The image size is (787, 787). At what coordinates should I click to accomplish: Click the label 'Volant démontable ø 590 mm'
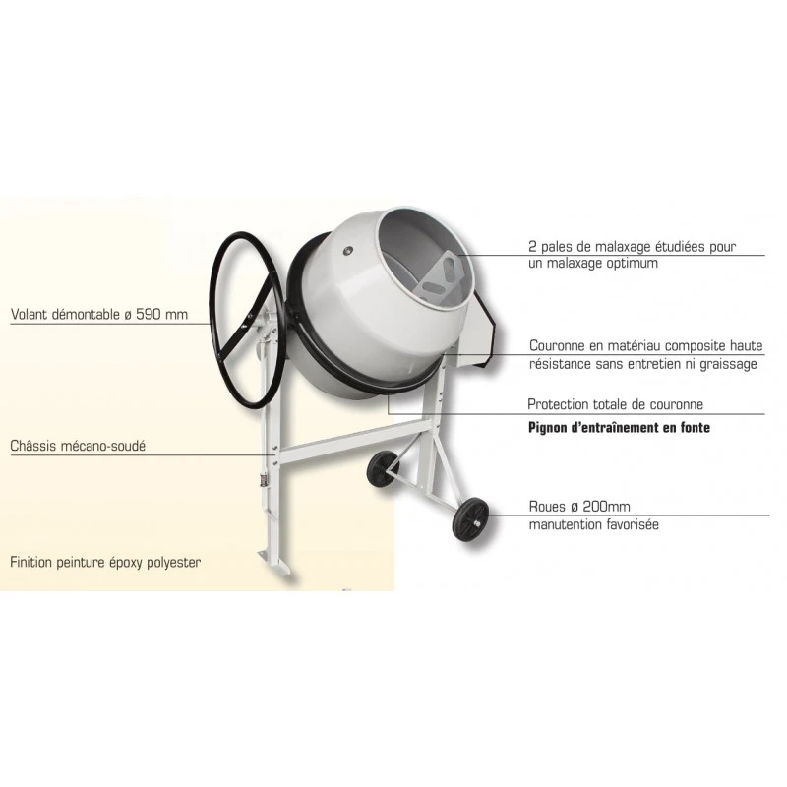pos(99,315)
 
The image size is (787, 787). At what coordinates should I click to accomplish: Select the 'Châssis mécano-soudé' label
pos(78,446)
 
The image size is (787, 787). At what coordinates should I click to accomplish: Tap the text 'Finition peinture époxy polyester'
pos(105,562)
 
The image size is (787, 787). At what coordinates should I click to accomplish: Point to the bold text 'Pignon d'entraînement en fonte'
pos(620,428)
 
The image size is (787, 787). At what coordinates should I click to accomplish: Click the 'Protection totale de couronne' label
pos(616,404)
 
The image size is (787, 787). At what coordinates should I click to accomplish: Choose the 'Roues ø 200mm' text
pos(579,507)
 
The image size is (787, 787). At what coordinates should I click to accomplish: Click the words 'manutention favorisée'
pos(594,525)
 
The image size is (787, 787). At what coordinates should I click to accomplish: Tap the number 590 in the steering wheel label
pos(151,315)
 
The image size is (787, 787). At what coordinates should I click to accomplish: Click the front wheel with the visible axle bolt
pos(470,520)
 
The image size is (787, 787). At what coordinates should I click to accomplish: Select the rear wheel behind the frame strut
pos(383,469)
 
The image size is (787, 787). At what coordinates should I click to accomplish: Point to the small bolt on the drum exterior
pos(347,250)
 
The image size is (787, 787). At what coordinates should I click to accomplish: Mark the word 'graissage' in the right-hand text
pos(728,364)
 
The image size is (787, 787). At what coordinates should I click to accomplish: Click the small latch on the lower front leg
pos(262,480)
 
